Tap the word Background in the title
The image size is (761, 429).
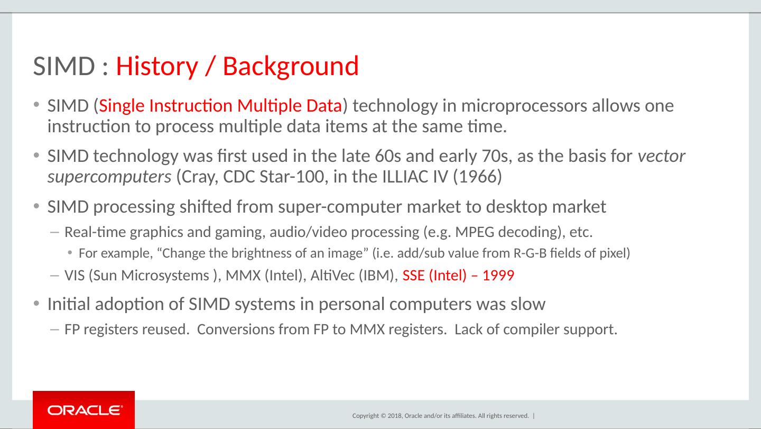coord(291,67)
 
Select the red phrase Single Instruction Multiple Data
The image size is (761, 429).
coord(220,106)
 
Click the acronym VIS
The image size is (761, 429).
coord(75,276)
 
